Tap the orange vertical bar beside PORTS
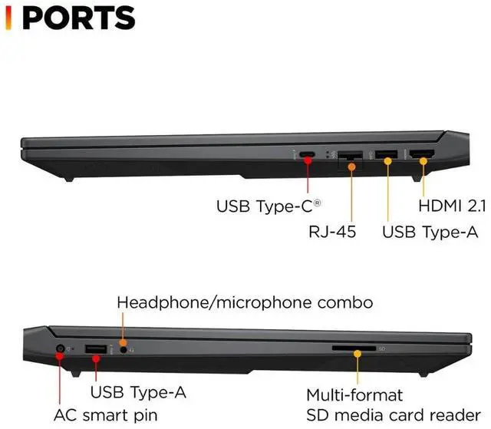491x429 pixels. pos(8,18)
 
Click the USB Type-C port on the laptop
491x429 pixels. pos(308,156)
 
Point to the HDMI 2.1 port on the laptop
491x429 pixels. pos(422,157)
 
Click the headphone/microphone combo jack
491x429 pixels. pos(123,349)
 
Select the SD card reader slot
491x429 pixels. pos(354,348)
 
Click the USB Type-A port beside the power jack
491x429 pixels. pos(95,351)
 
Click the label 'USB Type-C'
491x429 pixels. pos(269,206)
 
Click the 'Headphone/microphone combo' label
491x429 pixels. pos(245,302)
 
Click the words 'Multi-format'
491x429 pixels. pos(355,395)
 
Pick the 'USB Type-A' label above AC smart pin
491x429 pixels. pos(138,393)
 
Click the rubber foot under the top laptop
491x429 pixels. pos(68,178)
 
